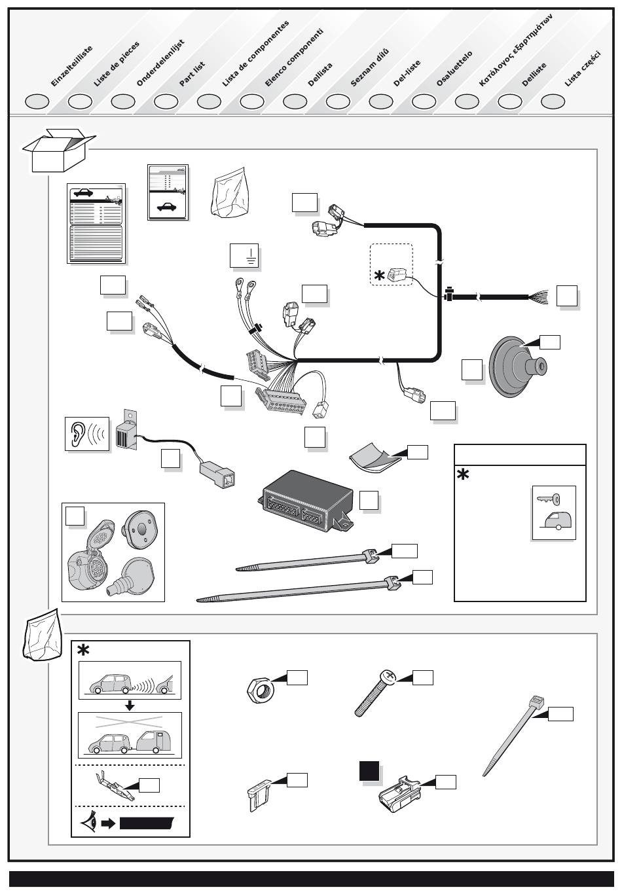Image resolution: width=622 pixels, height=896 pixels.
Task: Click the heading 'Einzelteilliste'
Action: [72, 67]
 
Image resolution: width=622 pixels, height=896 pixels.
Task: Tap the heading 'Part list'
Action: [192, 74]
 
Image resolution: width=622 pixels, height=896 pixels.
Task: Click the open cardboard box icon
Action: [58, 151]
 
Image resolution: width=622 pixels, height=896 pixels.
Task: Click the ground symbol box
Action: [246, 256]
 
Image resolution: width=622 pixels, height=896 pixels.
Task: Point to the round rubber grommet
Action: [517, 368]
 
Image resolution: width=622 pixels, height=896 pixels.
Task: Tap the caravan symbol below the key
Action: [555, 522]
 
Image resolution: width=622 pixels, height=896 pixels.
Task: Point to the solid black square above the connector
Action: [369, 772]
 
